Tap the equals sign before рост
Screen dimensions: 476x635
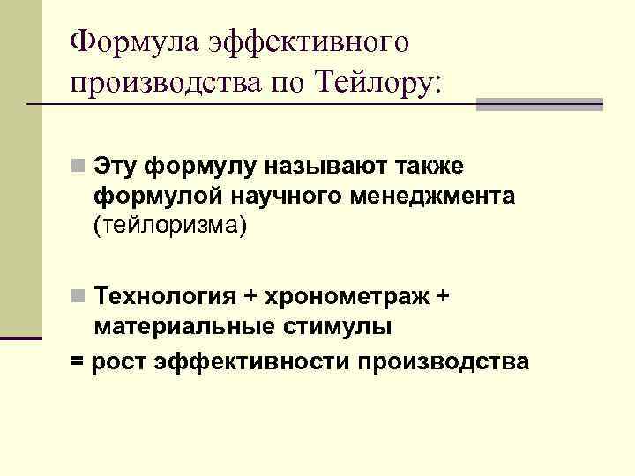[x=77, y=361]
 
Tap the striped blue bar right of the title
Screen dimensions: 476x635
[x=539, y=104]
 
